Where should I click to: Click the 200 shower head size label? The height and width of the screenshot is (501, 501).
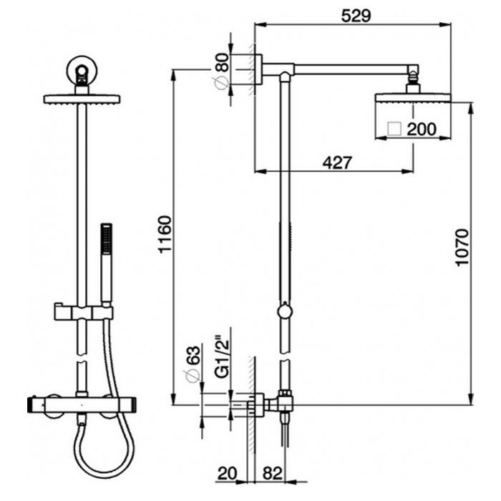point(421,130)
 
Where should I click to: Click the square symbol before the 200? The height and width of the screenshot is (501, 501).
point(393,130)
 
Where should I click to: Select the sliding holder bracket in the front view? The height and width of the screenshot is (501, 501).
point(83,311)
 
